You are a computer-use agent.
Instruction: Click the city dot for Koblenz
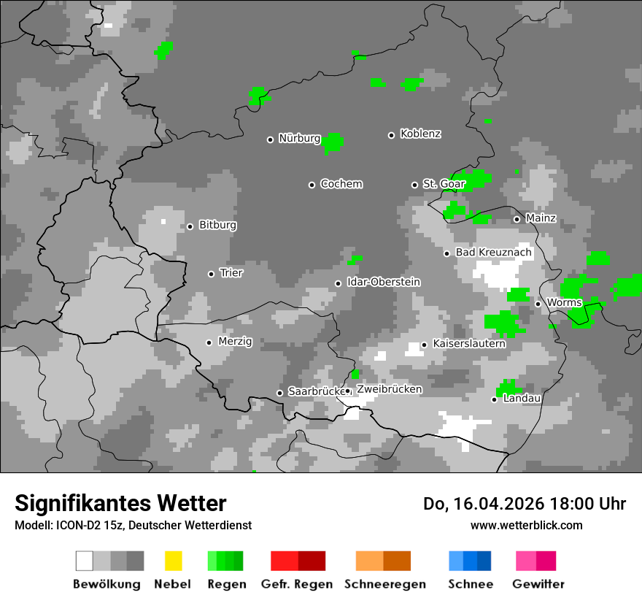[392, 135]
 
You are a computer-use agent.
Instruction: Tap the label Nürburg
[300, 138]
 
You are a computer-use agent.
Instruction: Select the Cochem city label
[341, 184]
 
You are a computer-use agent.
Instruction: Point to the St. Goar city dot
[415, 185]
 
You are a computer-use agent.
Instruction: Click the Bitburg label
[217, 225]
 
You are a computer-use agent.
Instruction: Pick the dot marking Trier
[212, 274]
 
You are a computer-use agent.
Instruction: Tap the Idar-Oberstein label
[384, 282]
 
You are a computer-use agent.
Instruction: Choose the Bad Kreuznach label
[494, 253]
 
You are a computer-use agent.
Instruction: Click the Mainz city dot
[517, 219]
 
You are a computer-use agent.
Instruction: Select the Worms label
[564, 303]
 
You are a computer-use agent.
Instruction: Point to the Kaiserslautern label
[469, 343]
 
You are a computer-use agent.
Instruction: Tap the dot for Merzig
[209, 342]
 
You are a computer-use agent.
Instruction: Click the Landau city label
[522, 399]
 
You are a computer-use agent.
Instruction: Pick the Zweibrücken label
[389, 389]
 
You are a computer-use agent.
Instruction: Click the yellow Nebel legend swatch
[173, 561]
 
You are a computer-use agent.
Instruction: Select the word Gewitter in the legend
[538, 584]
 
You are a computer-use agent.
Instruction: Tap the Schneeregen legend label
[385, 584]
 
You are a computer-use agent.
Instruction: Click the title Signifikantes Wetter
[120, 504]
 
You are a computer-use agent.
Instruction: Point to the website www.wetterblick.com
[527, 525]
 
